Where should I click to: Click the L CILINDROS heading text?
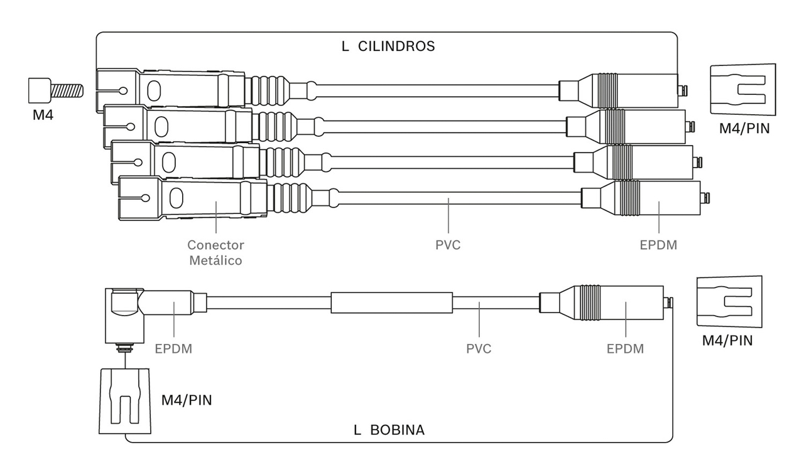pyautogui.click(x=388, y=46)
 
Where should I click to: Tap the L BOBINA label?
pyautogui.click(x=389, y=430)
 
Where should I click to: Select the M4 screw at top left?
pyautogui.click(x=56, y=90)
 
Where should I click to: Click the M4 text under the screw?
pyautogui.click(x=43, y=115)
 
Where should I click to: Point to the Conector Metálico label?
pyautogui.click(x=215, y=252)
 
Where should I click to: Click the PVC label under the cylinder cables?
pyautogui.click(x=448, y=245)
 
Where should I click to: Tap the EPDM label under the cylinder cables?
pyautogui.click(x=659, y=245)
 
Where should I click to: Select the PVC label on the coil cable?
pyautogui.click(x=479, y=348)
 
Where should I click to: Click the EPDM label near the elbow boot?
pyautogui.click(x=173, y=348)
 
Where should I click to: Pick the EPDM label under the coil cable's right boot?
pyautogui.click(x=625, y=348)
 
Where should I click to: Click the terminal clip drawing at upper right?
pyautogui.click(x=743, y=90)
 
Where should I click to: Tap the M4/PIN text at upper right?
pyautogui.click(x=744, y=129)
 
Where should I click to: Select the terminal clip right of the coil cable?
pyautogui.click(x=729, y=302)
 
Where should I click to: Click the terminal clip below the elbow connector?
pyautogui.click(x=125, y=401)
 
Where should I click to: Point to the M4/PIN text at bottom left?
pyautogui.click(x=187, y=400)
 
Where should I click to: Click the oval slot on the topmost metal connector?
pyautogui.click(x=154, y=91)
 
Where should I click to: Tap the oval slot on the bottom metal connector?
pyautogui.click(x=176, y=198)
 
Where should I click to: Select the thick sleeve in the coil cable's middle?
pyautogui.click(x=391, y=303)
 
